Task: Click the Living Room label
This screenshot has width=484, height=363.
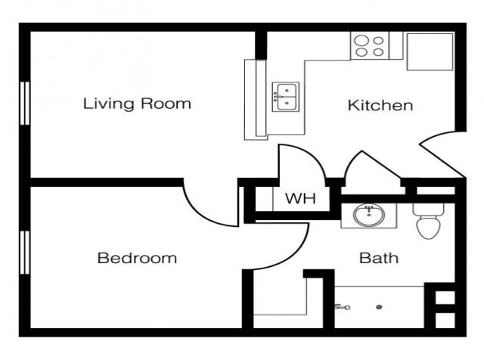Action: [x=137, y=104]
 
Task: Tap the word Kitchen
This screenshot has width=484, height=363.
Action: [x=380, y=105]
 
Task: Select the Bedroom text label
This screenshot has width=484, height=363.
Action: [x=137, y=258]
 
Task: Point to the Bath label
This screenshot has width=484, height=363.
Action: [x=378, y=258]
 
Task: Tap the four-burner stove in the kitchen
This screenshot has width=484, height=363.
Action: [x=368, y=46]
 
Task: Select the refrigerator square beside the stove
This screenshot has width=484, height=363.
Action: [x=430, y=51]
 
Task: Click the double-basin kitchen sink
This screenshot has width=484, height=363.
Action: [x=286, y=97]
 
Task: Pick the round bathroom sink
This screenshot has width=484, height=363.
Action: [x=369, y=215]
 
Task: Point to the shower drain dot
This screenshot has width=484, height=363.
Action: [x=379, y=307]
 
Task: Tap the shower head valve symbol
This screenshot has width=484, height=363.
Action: [x=342, y=307]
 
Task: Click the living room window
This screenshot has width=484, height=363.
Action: [x=25, y=103]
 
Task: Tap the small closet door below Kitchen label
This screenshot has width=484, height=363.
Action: [x=371, y=168]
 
